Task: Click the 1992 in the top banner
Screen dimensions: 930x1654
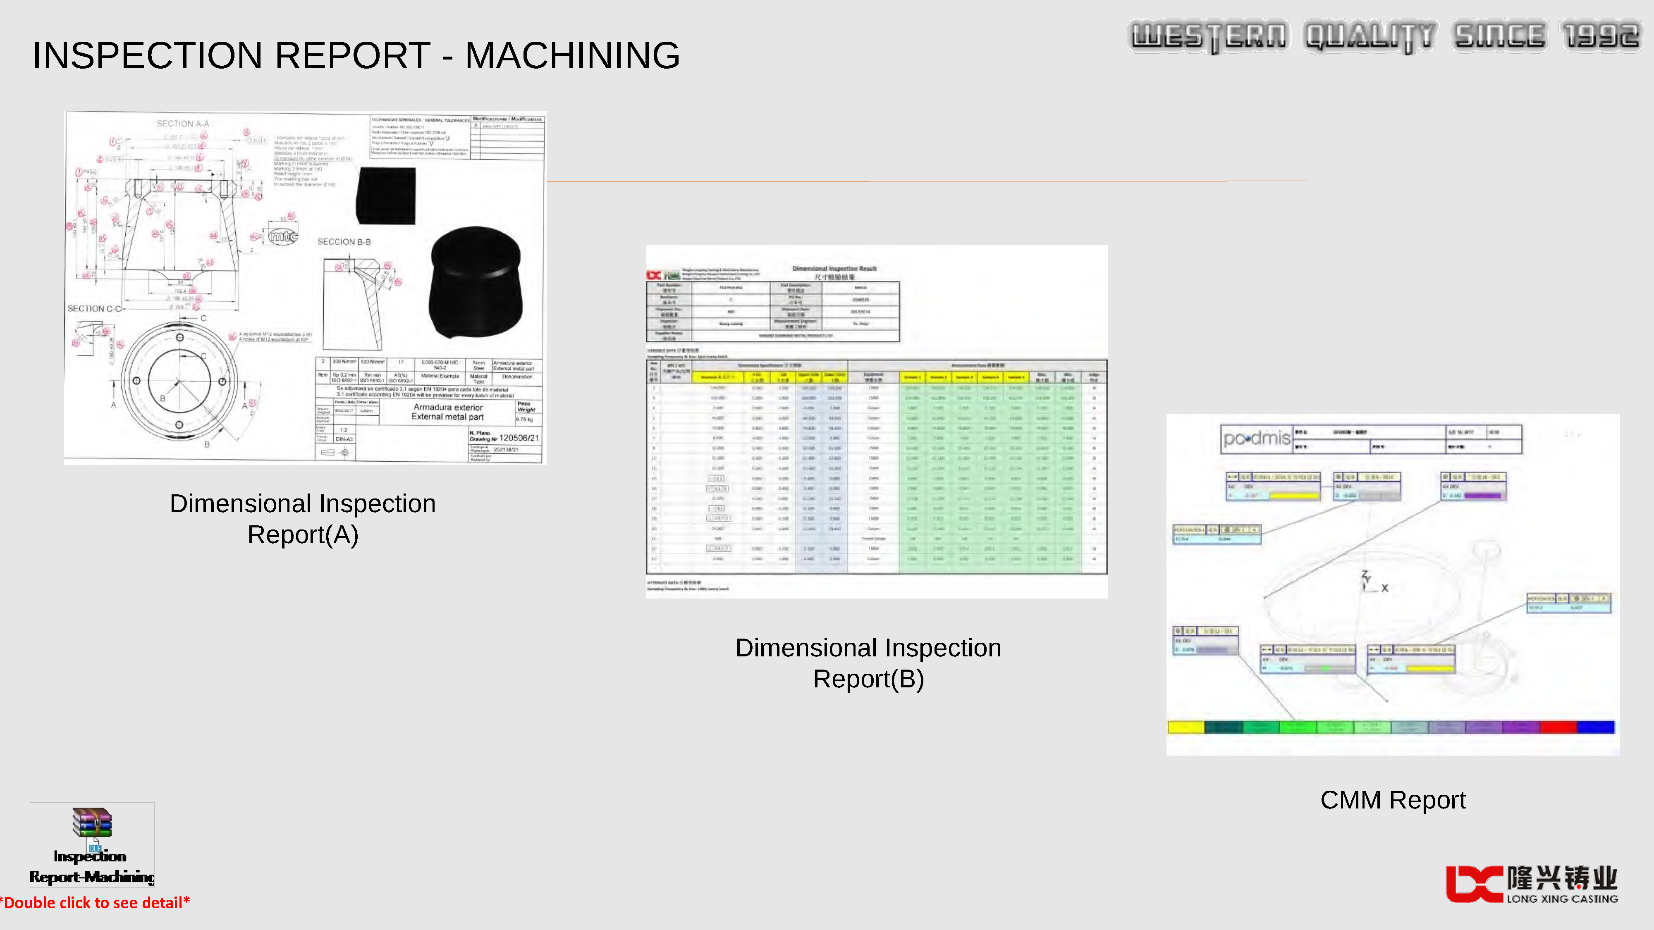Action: click(1601, 36)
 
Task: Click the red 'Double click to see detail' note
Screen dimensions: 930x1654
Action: click(95, 903)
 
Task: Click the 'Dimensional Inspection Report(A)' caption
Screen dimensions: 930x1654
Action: click(302, 519)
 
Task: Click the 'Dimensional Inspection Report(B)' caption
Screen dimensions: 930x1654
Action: click(868, 663)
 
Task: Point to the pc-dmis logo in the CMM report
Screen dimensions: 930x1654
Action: click(1256, 439)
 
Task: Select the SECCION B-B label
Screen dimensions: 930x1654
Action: click(344, 242)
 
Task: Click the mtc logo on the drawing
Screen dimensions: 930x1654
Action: click(283, 237)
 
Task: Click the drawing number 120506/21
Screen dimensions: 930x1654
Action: click(519, 438)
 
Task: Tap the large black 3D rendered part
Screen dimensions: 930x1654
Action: click(476, 282)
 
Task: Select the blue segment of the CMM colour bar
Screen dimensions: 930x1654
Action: click(1596, 727)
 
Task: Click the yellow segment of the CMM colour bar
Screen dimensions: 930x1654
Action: click(1185, 727)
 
